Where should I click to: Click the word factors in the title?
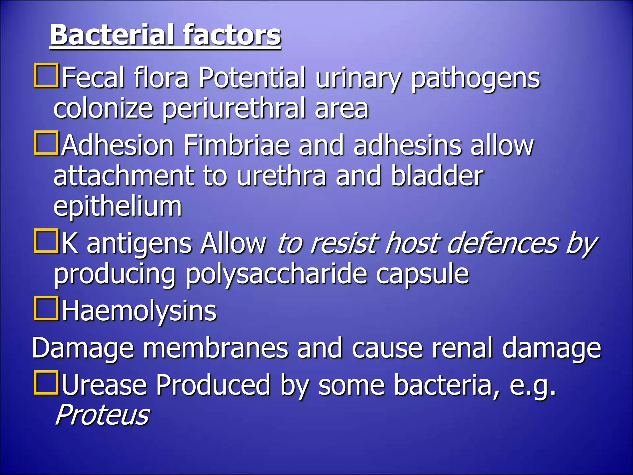pyautogui.click(x=232, y=35)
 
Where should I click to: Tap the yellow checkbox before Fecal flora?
pyautogui.click(x=46, y=75)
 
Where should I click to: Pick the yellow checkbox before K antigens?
pyautogui.click(x=46, y=241)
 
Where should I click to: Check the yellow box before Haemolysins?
pyautogui.click(x=46, y=308)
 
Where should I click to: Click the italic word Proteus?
pyautogui.click(x=102, y=415)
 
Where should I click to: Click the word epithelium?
pyautogui.click(x=118, y=207)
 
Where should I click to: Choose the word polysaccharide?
pyautogui.click(x=276, y=274)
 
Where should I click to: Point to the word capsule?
pyautogui.click(x=422, y=274)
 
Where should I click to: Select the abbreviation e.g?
pyautogui.click(x=532, y=386)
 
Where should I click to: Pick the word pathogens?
pyautogui.click(x=475, y=78)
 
